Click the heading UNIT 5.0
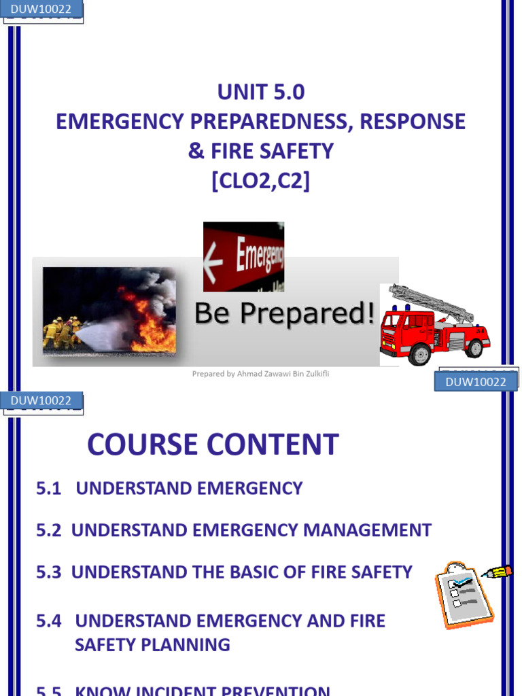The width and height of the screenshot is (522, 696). pyautogui.click(x=260, y=91)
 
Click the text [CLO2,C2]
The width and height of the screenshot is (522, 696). pyautogui.click(x=260, y=181)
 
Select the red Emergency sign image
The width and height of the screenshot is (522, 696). pyautogui.click(x=243, y=256)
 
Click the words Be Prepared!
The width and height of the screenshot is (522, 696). pyautogui.click(x=284, y=313)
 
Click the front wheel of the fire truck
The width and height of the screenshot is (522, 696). pyautogui.click(x=419, y=354)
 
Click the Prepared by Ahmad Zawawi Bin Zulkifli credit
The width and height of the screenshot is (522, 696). pyautogui.click(x=260, y=373)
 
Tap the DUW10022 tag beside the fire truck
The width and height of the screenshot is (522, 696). pyautogui.click(x=475, y=382)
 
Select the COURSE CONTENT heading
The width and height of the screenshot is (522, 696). pyautogui.click(x=213, y=445)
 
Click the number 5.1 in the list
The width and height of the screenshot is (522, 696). pyautogui.click(x=49, y=488)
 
